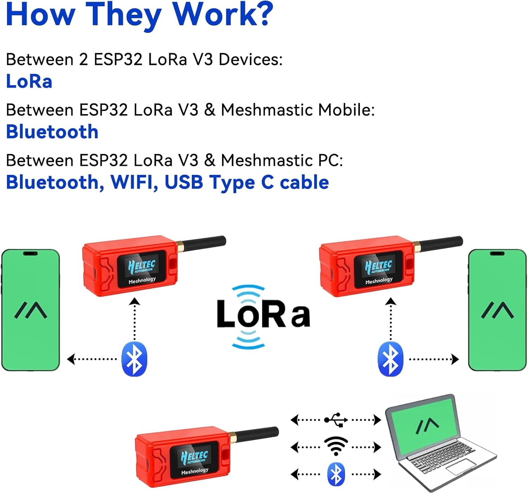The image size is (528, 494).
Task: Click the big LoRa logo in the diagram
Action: point(263,315)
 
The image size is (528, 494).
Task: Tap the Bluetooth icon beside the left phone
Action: point(134,359)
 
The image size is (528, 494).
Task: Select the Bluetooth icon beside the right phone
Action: point(390,359)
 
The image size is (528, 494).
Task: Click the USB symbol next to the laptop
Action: point(336,420)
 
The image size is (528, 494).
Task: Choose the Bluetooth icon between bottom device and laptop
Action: point(336,474)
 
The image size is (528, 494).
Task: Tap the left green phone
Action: point(31,310)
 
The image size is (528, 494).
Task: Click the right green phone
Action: point(497,310)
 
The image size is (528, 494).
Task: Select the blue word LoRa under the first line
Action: point(29,81)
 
